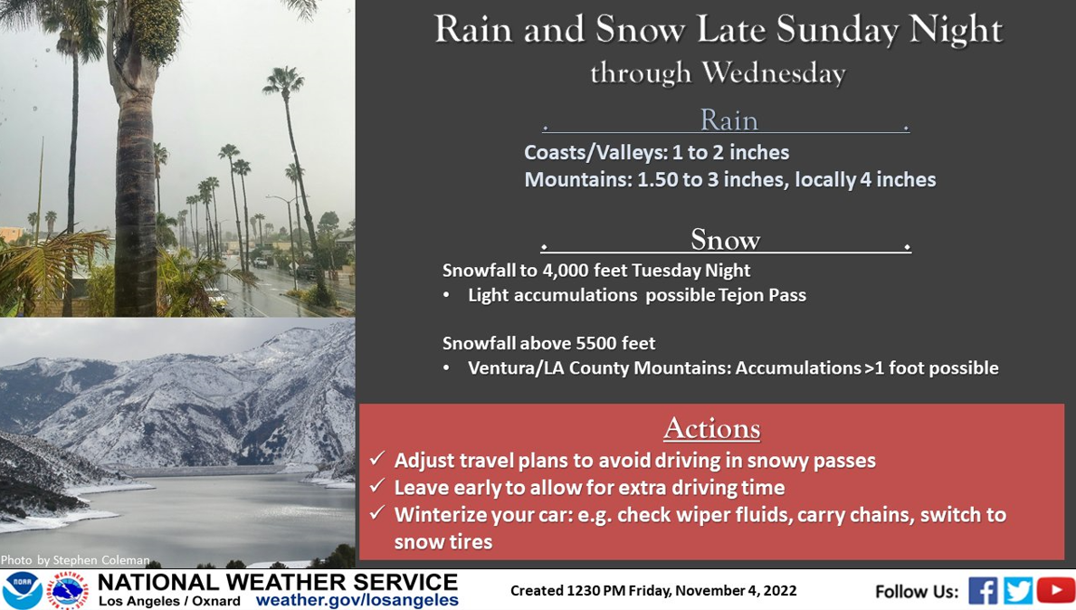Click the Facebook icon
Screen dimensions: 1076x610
983,591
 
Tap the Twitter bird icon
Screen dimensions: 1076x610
1018,591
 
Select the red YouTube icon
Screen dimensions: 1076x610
1055,591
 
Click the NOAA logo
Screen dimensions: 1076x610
22,590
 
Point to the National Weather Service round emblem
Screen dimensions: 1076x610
67,590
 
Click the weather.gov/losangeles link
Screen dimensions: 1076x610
357,600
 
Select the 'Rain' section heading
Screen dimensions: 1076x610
728,120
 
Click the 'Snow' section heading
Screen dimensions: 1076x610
726,240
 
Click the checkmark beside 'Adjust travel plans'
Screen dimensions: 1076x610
376,458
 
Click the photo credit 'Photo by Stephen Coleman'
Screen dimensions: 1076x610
75,560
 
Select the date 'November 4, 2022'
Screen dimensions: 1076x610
737,591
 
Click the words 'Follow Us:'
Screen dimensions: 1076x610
917,592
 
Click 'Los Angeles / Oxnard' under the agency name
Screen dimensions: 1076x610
169,601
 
